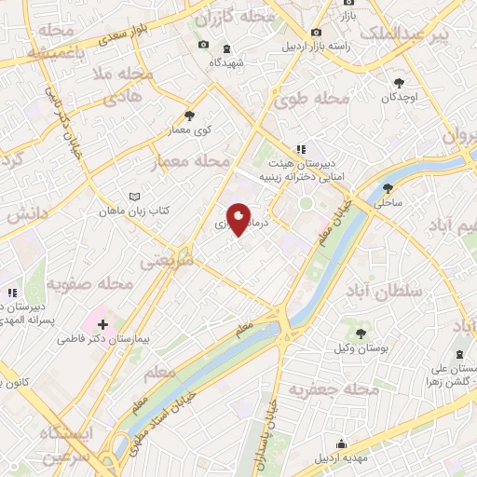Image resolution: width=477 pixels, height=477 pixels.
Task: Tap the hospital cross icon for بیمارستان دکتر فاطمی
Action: click(x=102, y=325)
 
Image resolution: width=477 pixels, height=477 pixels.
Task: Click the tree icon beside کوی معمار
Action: click(x=190, y=116)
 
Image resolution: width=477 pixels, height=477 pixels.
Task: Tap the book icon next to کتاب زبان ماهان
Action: click(x=135, y=198)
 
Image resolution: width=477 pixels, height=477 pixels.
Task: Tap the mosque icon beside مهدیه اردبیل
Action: click(x=342, y=443)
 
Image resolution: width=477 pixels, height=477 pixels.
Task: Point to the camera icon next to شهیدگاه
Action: click(x=203, y=45)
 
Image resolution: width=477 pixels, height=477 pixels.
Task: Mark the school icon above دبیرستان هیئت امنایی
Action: click(x=300, y=149)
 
